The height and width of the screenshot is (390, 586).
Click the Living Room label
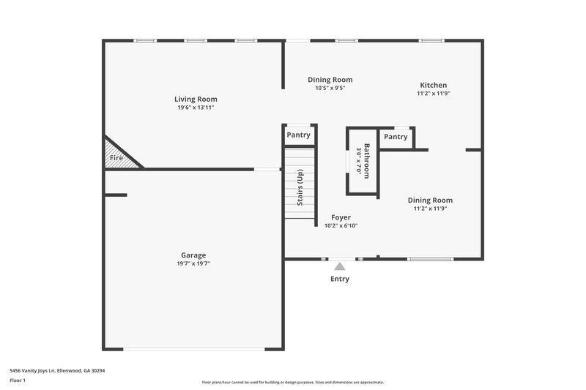pyautogui.click(x=196, y=99)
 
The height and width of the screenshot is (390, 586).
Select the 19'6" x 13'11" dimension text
pyautogui.click(x=196, y=108)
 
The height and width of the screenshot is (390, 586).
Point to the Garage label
pyautogui.click(x=193, y=255)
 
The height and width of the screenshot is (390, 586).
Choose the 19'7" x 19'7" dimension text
pyautogui.click(x=193, y=263)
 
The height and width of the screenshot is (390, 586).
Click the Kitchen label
pyautogui.click(x=433, y=85)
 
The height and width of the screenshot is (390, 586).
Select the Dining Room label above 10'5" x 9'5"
pyautogui.click(x=330, y=80)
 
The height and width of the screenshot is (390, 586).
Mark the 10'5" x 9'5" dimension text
pyautogui.click(x=330, y=88)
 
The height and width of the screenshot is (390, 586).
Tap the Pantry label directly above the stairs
pyautogui.click(x=298, y=135)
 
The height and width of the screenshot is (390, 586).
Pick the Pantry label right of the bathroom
pyautogui.click(x=396, y=137)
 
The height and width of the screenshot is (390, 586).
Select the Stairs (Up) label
pyautogui.click(x=300, y=187)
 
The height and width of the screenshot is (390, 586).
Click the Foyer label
pyautogui.click(x=341, y=217)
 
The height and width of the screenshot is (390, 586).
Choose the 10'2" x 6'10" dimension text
pyautogui.click(x=341, y=226)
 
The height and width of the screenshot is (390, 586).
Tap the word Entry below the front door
pyautogui.click(x=340, y=279)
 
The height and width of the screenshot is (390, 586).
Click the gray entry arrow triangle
pyautogui.click(x=340, y=267)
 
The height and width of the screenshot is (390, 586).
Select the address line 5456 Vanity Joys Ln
pyautogui.click(x=58, y=371)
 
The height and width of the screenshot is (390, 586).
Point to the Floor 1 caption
pyautogui.click(x=18, y=381)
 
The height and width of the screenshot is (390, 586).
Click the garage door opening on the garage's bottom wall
pyautogui.click(x=193, y=349)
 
